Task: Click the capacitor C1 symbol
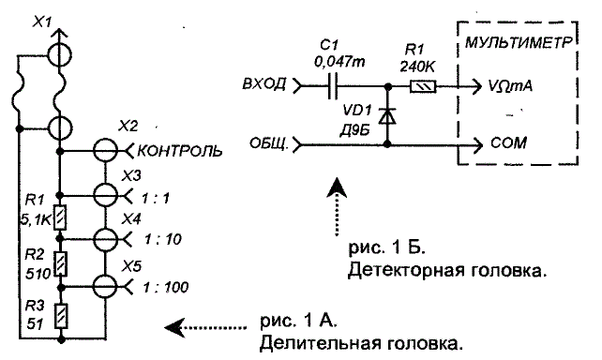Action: [333, 86]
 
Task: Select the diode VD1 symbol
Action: [387, 116]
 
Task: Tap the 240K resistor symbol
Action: [423, 86]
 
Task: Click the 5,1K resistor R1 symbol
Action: [60, 217]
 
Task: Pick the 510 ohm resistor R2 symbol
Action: [60, 263]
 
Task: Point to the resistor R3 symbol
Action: [61, 316]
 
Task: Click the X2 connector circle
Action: [106, 151]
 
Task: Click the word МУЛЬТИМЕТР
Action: [519, 42]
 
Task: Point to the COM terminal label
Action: [508, 143]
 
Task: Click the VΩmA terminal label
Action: [510, 86]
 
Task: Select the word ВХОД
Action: [264, 83]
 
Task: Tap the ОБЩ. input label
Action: [269, 143]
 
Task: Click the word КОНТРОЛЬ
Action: [180, 151]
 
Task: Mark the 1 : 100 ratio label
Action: [165, 287]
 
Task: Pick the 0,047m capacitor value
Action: [339, 62]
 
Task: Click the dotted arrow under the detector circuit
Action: [337, 206]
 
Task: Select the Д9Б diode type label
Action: [354, 131]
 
